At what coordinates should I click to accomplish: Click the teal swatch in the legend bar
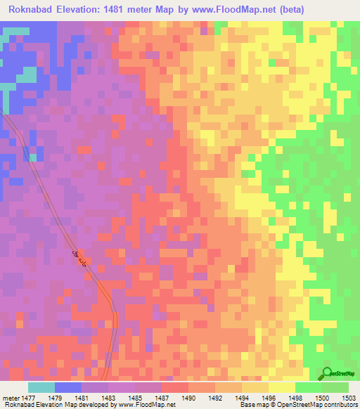coord(41,387)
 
